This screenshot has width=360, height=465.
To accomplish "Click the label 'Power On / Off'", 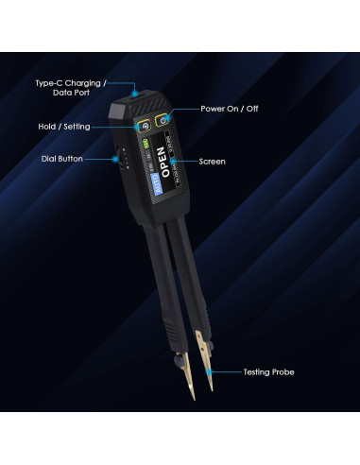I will pos(229,109).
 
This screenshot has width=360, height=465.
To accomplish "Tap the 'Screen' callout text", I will pos(212,162).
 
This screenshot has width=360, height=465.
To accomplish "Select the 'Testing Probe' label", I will pos(268,372).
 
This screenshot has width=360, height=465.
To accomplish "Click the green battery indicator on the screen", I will pos(148,145).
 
